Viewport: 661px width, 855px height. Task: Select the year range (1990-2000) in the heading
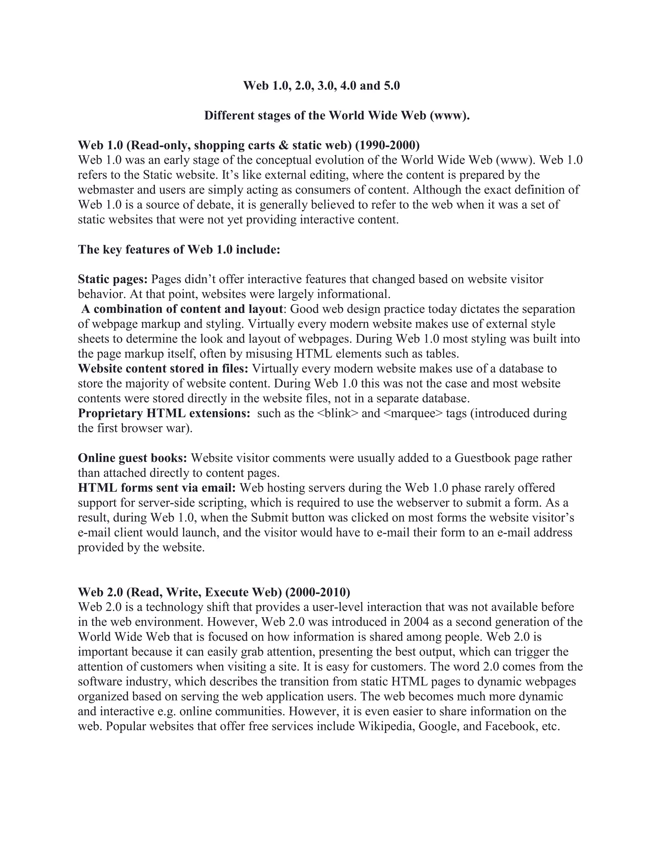[x=387, y=145]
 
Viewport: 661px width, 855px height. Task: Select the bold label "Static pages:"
[x=113, y=279]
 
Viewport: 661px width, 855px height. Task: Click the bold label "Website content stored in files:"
[x=163, y=368]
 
